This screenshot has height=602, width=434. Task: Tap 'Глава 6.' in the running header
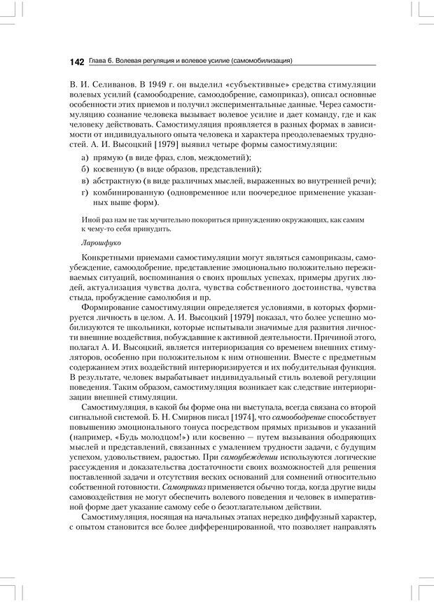104,62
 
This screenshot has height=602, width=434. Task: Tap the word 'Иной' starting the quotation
90,220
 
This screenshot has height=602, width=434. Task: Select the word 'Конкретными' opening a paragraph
108,259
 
